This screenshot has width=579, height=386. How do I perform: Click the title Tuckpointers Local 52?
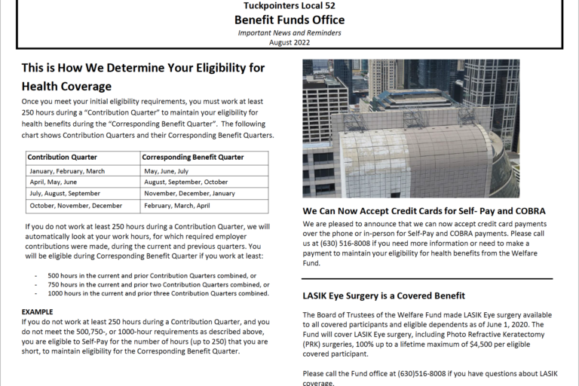289,6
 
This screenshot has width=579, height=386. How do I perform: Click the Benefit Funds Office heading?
289,20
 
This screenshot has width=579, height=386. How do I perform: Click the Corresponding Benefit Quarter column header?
193,158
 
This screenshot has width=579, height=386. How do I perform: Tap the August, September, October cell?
185,182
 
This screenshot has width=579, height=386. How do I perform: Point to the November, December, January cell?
189,194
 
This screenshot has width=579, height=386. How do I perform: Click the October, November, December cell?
75,205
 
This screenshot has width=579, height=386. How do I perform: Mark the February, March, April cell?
176,205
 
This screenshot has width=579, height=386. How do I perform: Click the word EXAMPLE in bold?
38,310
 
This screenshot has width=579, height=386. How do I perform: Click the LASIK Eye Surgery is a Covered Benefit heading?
384,296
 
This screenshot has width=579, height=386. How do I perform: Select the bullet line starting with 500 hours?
151,275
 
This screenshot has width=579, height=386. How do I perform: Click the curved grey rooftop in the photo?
422,151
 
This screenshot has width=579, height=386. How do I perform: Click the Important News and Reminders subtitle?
289,33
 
